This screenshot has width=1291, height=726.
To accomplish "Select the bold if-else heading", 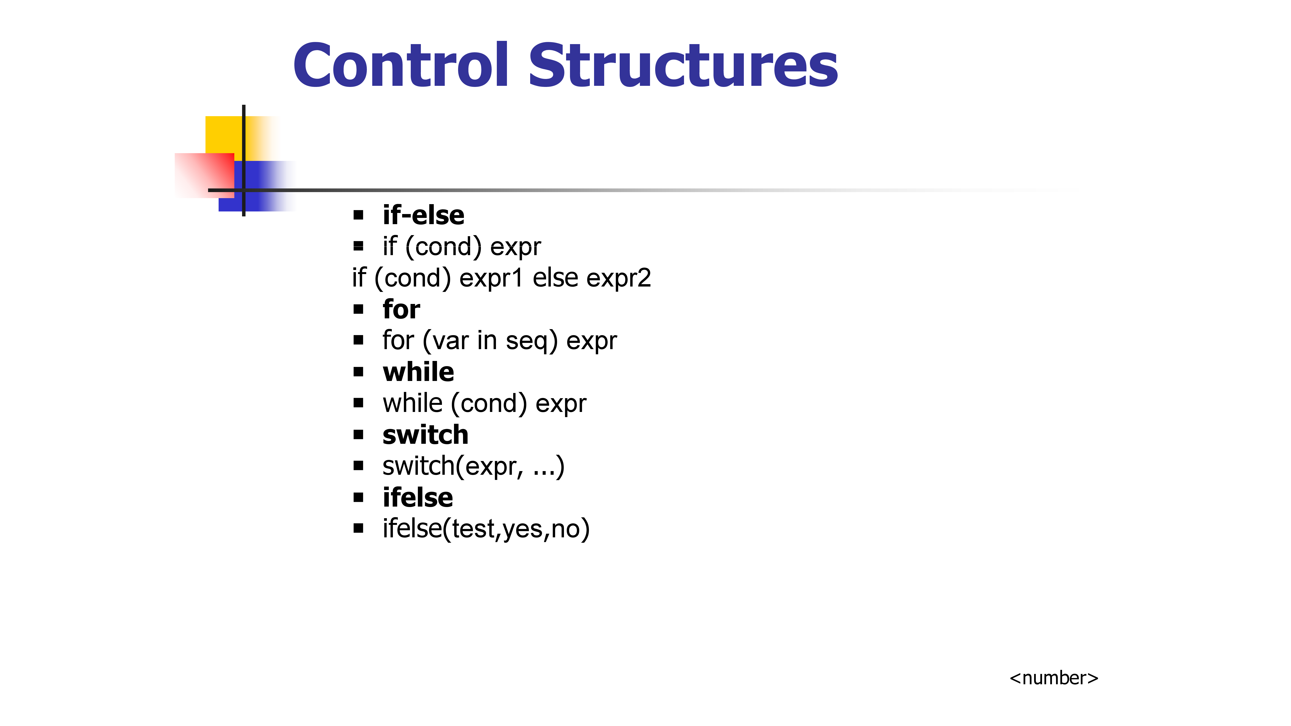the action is pos(423,215).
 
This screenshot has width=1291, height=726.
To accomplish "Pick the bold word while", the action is pos(418,372).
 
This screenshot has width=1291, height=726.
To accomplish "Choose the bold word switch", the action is pos(425,434).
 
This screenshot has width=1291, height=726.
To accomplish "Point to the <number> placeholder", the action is pos(1054,678).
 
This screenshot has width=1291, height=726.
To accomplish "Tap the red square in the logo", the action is pos(204,175).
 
